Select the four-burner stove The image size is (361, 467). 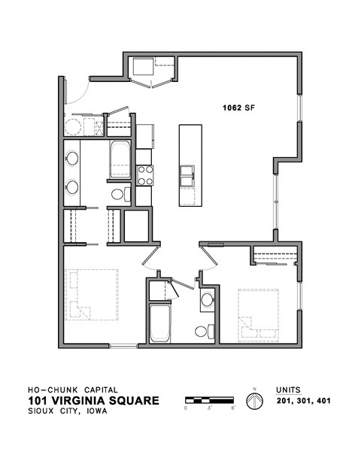(x=144, y=175)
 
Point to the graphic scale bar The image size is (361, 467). (x=211, y=399)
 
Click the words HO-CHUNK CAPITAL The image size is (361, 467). (x=72, y=389)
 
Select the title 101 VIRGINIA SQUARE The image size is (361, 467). (x=93, y=400)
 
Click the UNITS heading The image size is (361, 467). (x=289, y=389)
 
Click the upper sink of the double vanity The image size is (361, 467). (x=73, y=159)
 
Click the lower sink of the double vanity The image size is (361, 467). (x=73, y=186)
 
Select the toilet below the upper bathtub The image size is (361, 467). (x=117, y=196)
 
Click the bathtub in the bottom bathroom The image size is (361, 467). (x=159, y=324)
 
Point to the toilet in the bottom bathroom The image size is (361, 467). (x=201, y=330)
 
